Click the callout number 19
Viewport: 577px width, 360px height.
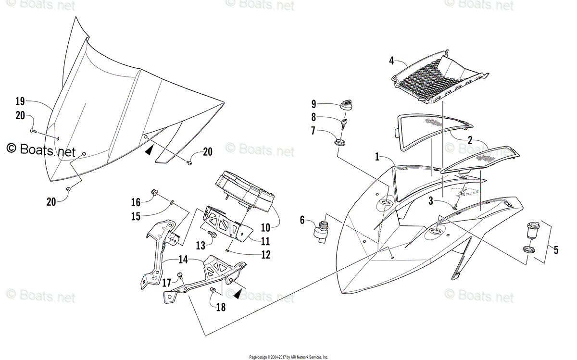(x=20, y=101)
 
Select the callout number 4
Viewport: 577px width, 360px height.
(x=391, y=61)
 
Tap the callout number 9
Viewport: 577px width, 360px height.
(x=314, y=104)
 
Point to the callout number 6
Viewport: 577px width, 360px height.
(x=302, y=220)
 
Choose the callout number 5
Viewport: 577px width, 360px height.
(x=556, y=250)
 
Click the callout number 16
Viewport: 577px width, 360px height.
(x=136, y=201)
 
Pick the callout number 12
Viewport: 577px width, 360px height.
(x=265, y=255)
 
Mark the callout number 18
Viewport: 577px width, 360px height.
(x=221, y=307)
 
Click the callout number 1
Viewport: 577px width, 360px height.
(x=378, y=157)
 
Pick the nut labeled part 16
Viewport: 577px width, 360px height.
(x=154, y=193)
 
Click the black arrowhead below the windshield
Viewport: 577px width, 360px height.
(x=150, y=150)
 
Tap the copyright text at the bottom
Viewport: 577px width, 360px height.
(x=288, y=357)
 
